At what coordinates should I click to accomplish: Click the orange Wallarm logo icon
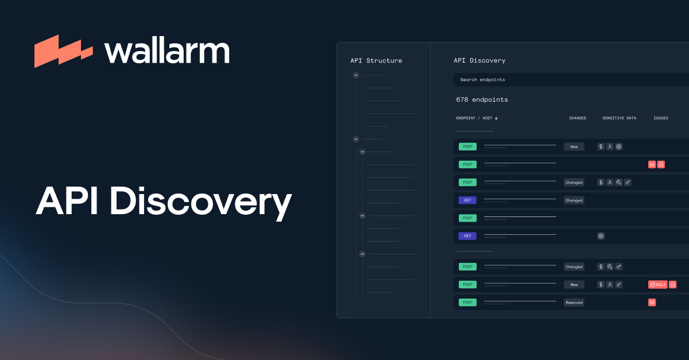[63, 51]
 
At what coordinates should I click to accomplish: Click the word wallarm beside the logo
[167, 51]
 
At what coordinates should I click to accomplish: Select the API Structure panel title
[376, 60]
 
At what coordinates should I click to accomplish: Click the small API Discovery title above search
[479, 60]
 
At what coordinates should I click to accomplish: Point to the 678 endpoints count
[482, 99]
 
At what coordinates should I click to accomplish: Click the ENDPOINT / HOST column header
[474, 118]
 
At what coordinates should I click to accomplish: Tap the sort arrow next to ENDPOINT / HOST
[496, 118]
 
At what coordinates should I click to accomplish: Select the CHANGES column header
[578, 118]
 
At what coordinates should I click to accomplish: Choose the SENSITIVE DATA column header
[619, 118]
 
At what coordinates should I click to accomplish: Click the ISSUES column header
[661, 118]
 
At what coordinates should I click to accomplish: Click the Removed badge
[574, 303]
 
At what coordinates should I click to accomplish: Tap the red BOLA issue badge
[657, 284]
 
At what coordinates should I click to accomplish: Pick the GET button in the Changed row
[467, 200]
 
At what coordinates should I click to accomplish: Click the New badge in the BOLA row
[574, 284]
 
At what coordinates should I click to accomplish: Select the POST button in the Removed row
[467, 303]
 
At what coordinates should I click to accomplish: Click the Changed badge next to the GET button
[574, 200]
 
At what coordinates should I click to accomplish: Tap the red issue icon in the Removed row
[652, 303]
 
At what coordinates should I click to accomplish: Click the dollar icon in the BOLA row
[601, 284]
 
